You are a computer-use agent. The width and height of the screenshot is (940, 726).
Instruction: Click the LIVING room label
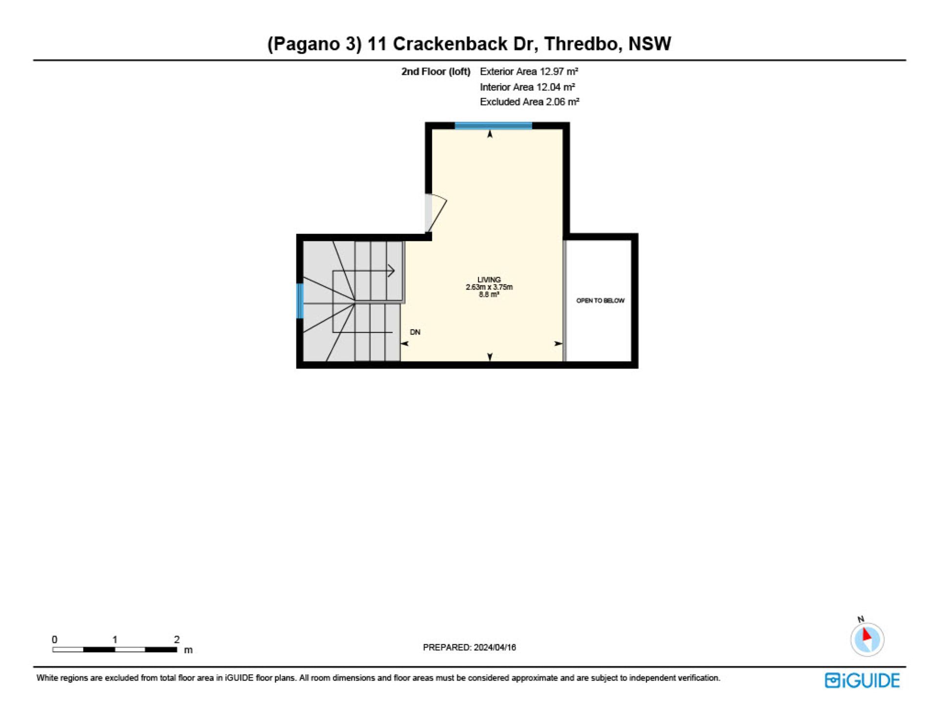coord(489,280)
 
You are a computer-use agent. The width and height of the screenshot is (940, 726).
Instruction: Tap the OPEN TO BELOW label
coord(600,301)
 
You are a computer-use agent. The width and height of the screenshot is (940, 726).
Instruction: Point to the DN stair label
coord(415,332)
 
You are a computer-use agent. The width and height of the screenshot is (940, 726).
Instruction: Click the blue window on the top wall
coord(493,126)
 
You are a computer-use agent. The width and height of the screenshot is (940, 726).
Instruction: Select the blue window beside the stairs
coord(300,301)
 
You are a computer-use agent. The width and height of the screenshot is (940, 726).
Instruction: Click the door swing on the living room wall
coord(435,213)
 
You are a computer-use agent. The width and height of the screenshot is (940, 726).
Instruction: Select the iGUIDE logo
coord(862,680)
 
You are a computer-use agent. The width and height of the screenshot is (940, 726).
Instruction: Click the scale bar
coord(115,650)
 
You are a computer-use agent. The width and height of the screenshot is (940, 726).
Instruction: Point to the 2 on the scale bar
coord(177,639)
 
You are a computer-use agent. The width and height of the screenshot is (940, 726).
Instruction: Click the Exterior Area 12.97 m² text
coord(529,71)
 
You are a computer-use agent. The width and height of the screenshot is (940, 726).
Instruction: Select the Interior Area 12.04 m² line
coord(527,87)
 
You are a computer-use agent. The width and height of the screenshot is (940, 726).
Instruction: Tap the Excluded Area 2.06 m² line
coord(529,102)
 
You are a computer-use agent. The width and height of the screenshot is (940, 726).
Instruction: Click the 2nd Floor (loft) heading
coord(436,71)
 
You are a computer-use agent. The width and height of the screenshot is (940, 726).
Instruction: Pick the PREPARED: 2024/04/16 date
coord(469,647)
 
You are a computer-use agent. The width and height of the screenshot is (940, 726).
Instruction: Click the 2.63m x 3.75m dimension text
coord(489,287)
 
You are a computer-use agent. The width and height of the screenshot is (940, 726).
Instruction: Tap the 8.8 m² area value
coord(489,295)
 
